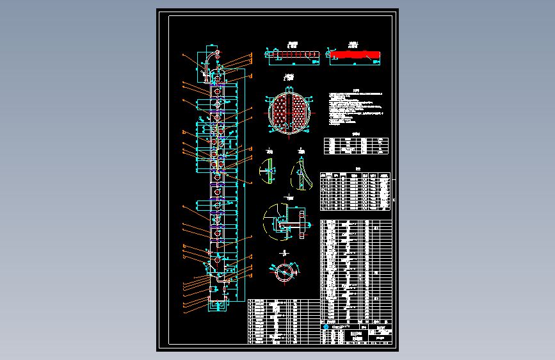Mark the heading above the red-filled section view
[x=353, y=45]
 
